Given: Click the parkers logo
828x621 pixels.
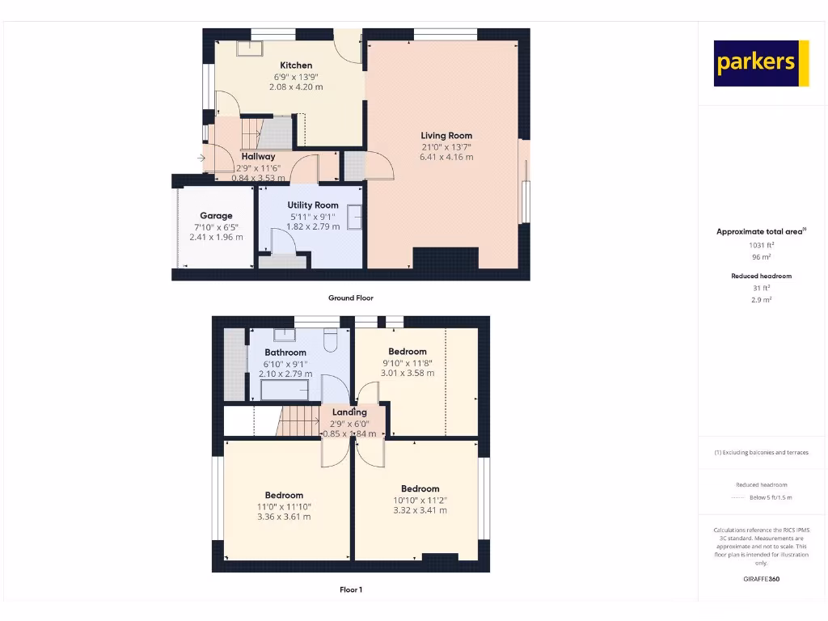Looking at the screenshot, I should [761, 63].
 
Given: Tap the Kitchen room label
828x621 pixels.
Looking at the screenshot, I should [296, 65].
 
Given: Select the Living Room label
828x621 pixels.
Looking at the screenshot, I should [446, 136].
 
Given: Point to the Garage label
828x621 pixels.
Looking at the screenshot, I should [216, 216].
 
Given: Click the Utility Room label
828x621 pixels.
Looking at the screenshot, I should [313, 205].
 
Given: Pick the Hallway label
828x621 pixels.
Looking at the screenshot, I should [258, 156].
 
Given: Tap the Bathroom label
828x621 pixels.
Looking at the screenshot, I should [285, 353].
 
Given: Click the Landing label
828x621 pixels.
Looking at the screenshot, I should [349, 412].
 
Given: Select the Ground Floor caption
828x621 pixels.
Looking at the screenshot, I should [350, 298].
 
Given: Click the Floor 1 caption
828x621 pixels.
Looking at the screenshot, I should [350, 590].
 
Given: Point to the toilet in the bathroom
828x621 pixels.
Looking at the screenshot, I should [331, 342].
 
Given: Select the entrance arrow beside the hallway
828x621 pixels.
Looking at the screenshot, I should [200, 158].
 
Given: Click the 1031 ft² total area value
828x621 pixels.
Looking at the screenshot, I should [761, 244].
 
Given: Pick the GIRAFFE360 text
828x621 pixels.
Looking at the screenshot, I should [761, 579].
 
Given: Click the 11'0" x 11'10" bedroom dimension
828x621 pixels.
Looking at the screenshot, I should [283, 506].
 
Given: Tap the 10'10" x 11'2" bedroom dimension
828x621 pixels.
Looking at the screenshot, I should [420, 500].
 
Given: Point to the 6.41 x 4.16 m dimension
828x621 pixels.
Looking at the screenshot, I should [446, 157].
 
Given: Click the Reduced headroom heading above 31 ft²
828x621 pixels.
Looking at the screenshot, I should [761, 277].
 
